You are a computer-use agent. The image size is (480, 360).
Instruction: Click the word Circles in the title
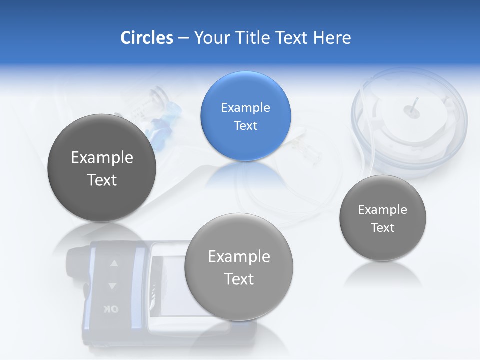click(146, 38)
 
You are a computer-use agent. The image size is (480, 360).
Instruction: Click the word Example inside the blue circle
click(245, 108)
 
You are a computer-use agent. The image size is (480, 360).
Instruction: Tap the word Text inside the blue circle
click(245, 126)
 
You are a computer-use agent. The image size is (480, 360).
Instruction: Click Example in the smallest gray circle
click(382, 210)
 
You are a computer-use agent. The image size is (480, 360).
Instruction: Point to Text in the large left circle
click(102, 180)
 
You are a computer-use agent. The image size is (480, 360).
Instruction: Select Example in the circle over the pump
click(239, 257)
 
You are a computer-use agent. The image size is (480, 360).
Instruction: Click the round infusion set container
click(408, 122)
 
